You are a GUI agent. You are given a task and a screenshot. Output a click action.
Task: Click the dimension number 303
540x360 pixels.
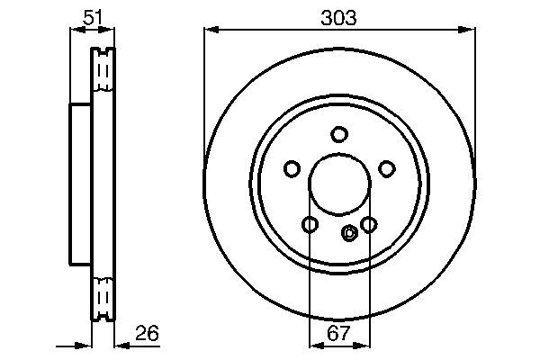(x=339, y=16)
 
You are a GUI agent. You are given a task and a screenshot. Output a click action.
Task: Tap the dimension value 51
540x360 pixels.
(x=92, y=16)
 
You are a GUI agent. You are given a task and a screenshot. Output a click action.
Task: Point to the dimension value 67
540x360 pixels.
(x=338, y=334)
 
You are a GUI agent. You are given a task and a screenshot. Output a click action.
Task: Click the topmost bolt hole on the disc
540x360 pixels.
(x=339, y=135)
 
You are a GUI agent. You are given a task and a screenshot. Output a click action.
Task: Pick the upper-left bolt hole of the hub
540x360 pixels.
(x=292, y=168)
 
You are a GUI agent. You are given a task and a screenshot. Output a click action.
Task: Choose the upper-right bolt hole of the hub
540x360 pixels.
(x=387, y=168)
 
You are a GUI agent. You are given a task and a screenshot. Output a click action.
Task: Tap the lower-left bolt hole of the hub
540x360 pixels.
(x=310, y=224)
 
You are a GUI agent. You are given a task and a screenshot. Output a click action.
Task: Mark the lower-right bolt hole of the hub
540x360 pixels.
(x=368, y=224)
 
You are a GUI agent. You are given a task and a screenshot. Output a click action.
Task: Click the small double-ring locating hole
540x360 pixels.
(x=350, y=233)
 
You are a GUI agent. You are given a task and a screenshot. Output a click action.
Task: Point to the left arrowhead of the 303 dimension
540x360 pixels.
(x=211, y=30)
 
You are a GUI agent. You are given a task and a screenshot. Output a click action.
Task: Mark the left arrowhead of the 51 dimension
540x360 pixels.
(x=75, y=30)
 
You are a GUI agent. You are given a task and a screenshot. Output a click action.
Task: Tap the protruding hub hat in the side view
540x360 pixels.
(x=80, y=184)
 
